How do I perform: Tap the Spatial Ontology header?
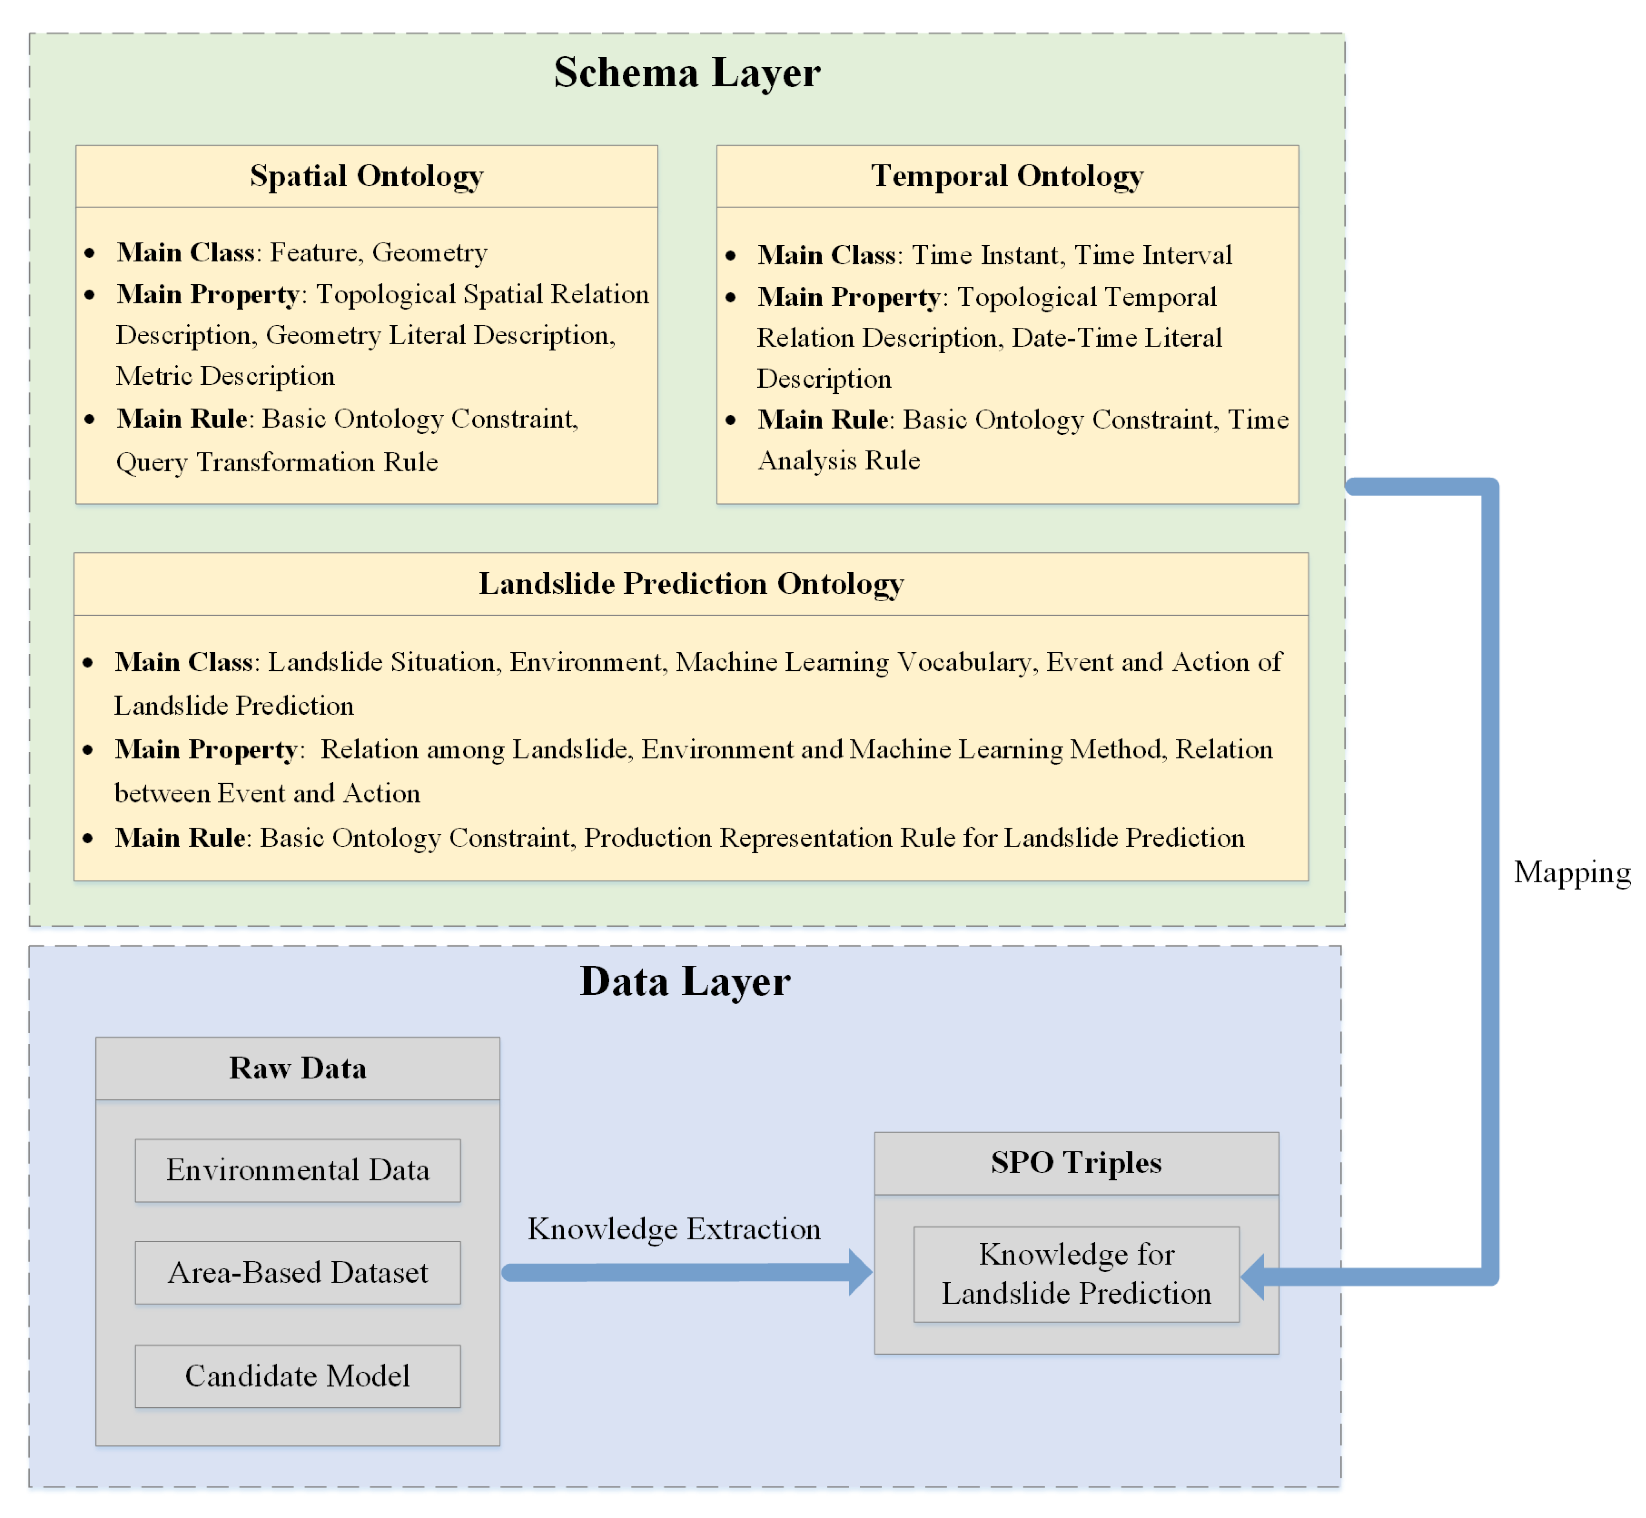366,176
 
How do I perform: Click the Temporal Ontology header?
1007,176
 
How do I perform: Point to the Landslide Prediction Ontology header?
691,583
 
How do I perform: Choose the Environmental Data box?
297,1170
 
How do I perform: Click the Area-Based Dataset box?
297,1272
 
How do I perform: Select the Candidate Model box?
297,1376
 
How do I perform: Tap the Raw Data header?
297,1068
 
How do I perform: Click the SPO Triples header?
1076,1162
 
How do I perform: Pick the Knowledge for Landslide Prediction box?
1076,1274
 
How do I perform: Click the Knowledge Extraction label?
674,1229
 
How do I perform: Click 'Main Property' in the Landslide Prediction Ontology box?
205,749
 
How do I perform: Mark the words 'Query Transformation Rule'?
277,462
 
